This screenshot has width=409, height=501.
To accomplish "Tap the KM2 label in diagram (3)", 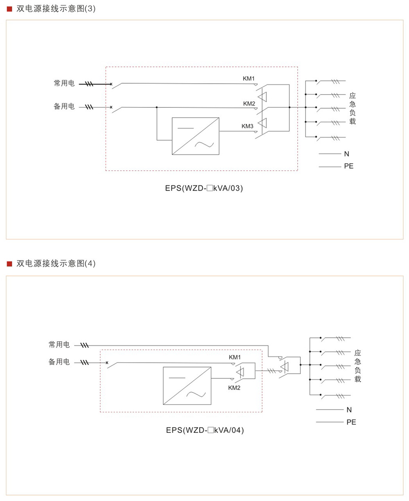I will tap(249, 104).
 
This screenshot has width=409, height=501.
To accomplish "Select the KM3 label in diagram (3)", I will tap(247, 126).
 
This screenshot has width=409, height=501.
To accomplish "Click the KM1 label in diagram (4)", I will tap(235, 358).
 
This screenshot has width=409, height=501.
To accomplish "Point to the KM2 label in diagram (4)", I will tap(234, 388).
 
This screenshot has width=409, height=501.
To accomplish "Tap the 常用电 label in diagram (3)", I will tap(64, 83).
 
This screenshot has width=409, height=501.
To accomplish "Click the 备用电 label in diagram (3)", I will tap(64, 107).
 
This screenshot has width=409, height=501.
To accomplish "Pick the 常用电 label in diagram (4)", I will tap(59, 345).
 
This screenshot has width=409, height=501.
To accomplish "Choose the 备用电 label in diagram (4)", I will tap(59, 362).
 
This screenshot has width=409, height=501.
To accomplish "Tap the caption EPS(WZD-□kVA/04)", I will tap(205, 430).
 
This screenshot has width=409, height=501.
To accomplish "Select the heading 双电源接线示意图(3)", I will tap(56, 9).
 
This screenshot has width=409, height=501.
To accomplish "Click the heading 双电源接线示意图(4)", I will tap(56, 263).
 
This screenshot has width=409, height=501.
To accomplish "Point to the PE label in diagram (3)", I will tap(349, 166).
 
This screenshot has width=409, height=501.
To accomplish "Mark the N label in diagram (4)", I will tap(349, 410).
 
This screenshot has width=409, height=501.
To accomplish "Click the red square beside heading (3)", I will tap(9, 9).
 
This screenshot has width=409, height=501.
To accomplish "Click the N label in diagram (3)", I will tap(347, 154).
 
